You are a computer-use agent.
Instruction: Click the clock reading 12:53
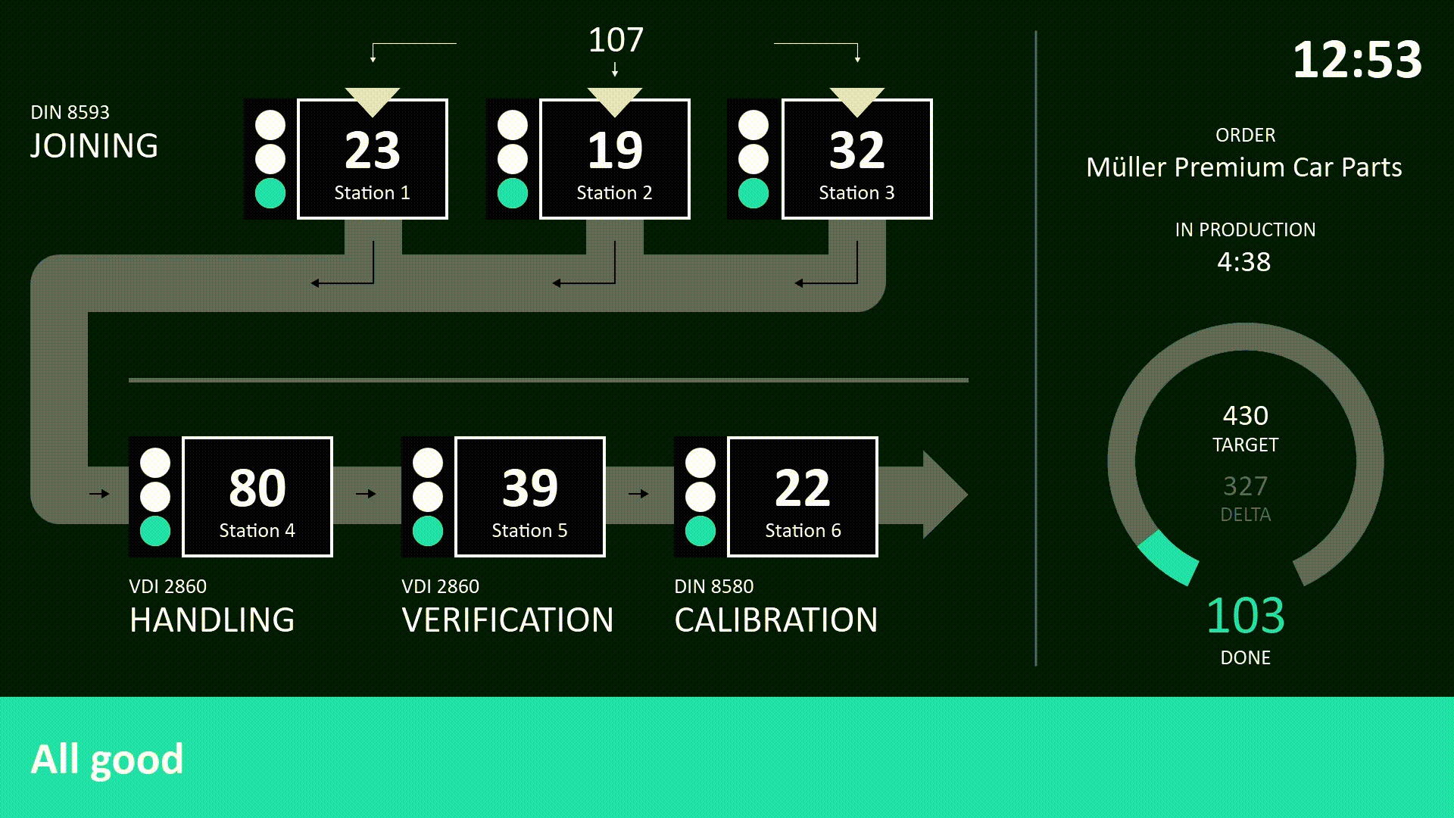pyautogui.click(x=1357, y=60)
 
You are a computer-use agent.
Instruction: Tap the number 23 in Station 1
pyautogui.click(x=372, y=150)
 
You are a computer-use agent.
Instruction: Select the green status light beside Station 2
pyautogui.click(x=513, y=193)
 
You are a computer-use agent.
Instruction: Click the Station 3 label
pyautogui.click(x=856, y=193)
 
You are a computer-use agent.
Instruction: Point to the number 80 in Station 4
pyautogui.click(x=257, y=488)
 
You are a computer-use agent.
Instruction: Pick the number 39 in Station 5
pyautogui.click(x=530, y=488)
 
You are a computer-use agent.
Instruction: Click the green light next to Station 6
pyautogui.click(x=700, y=531)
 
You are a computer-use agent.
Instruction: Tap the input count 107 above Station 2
pyautogui.click(x=616, y=40)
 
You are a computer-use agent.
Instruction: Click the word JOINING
pyautogui.click(x=95, y=146)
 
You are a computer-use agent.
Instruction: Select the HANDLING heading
pyautogui.click(x=212, y=620)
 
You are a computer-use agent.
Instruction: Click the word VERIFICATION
pyautogui.click(x=507, y=620)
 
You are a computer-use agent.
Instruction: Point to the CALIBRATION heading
pyautogui.click(x=776, y=620)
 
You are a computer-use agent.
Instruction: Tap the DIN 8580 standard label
pyautogui.click(x=714, y=586)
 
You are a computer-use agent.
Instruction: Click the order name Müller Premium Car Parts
pyautogui.click(x=1244, y=167)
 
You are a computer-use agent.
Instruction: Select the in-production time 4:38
pyautogui.click(x=1244, y=262)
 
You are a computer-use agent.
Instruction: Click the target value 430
pyautogui.click(x=1246, y=416)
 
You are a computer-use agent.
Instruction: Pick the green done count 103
pyautogui.click(x=1246, y=616)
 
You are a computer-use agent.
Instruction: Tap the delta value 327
pyautogui.click(x=1246, y=486)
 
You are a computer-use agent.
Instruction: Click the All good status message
pyautogui.click(x=107, y=759)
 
